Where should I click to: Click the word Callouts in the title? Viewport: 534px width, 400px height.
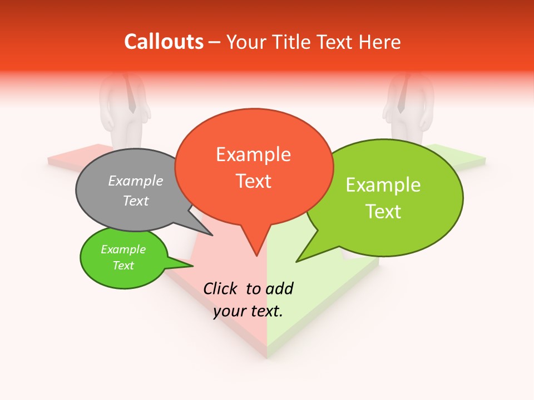[x=164, y=42]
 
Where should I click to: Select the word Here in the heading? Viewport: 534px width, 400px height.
[x=380, y=42]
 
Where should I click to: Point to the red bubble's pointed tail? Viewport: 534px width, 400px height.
[x=256, y=247]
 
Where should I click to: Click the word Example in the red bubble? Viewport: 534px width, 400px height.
[x=254, y=154]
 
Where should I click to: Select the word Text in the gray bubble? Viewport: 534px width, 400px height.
[x=136, y=201]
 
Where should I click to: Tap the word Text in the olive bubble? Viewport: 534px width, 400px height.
[x=383, y=212]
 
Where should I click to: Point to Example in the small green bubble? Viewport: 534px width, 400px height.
[x=123, y=249]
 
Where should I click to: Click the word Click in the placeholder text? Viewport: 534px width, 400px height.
[x=221, y=288]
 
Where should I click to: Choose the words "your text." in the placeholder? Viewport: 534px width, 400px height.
[x=248, y=311]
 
